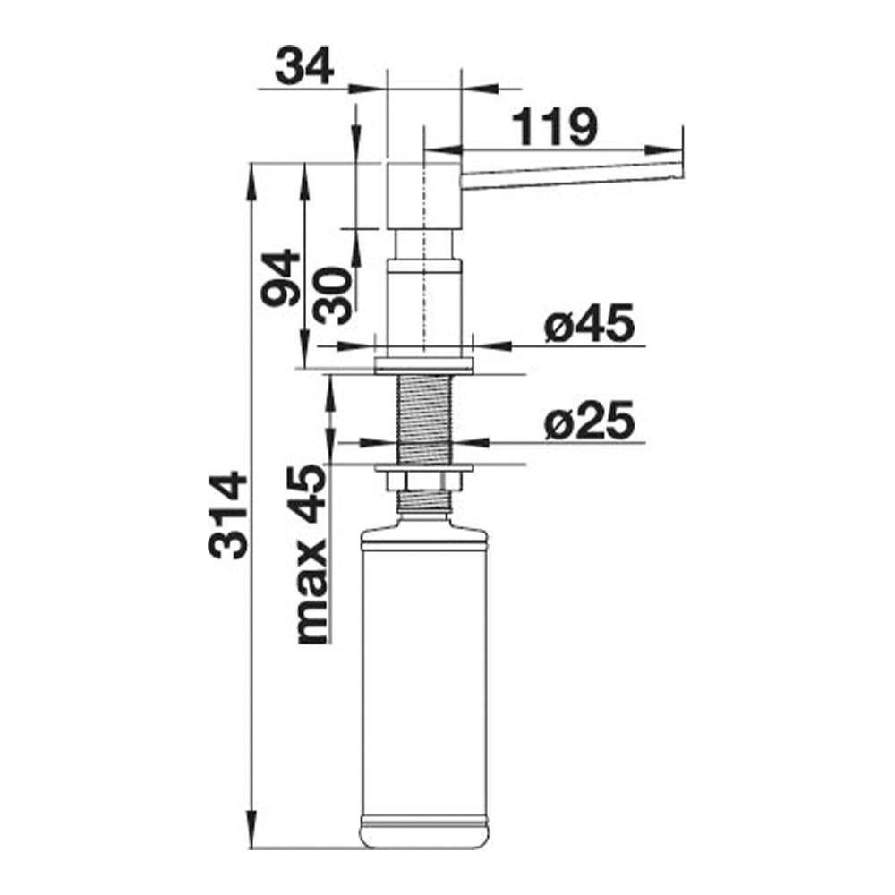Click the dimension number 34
[304, 67]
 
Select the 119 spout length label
[554, 127]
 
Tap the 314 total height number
[228, 515]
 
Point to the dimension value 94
[280, 278]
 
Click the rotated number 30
[335, 295]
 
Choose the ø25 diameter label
[589, 420]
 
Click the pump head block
[424, 196]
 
